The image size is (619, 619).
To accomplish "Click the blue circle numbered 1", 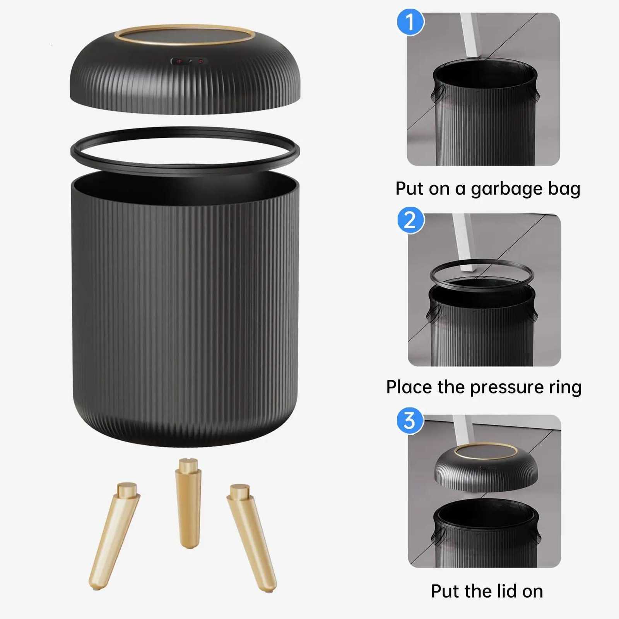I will pyautogui.click(x=410, y=22).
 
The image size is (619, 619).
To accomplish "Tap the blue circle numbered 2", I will pyautogui.click(x=411, y=220).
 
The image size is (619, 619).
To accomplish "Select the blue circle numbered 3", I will pyautogui.click(x=410, y=421).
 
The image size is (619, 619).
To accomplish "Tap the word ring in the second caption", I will pyautogui.click(x=565, y=388).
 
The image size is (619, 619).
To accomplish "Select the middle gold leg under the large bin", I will pyautogui.click(x=188, y=503).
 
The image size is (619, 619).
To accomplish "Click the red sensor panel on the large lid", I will pyautogui.click(x=189, y=61).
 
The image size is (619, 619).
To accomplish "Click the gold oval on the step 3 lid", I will pyautogui.click(x=486, y=451).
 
